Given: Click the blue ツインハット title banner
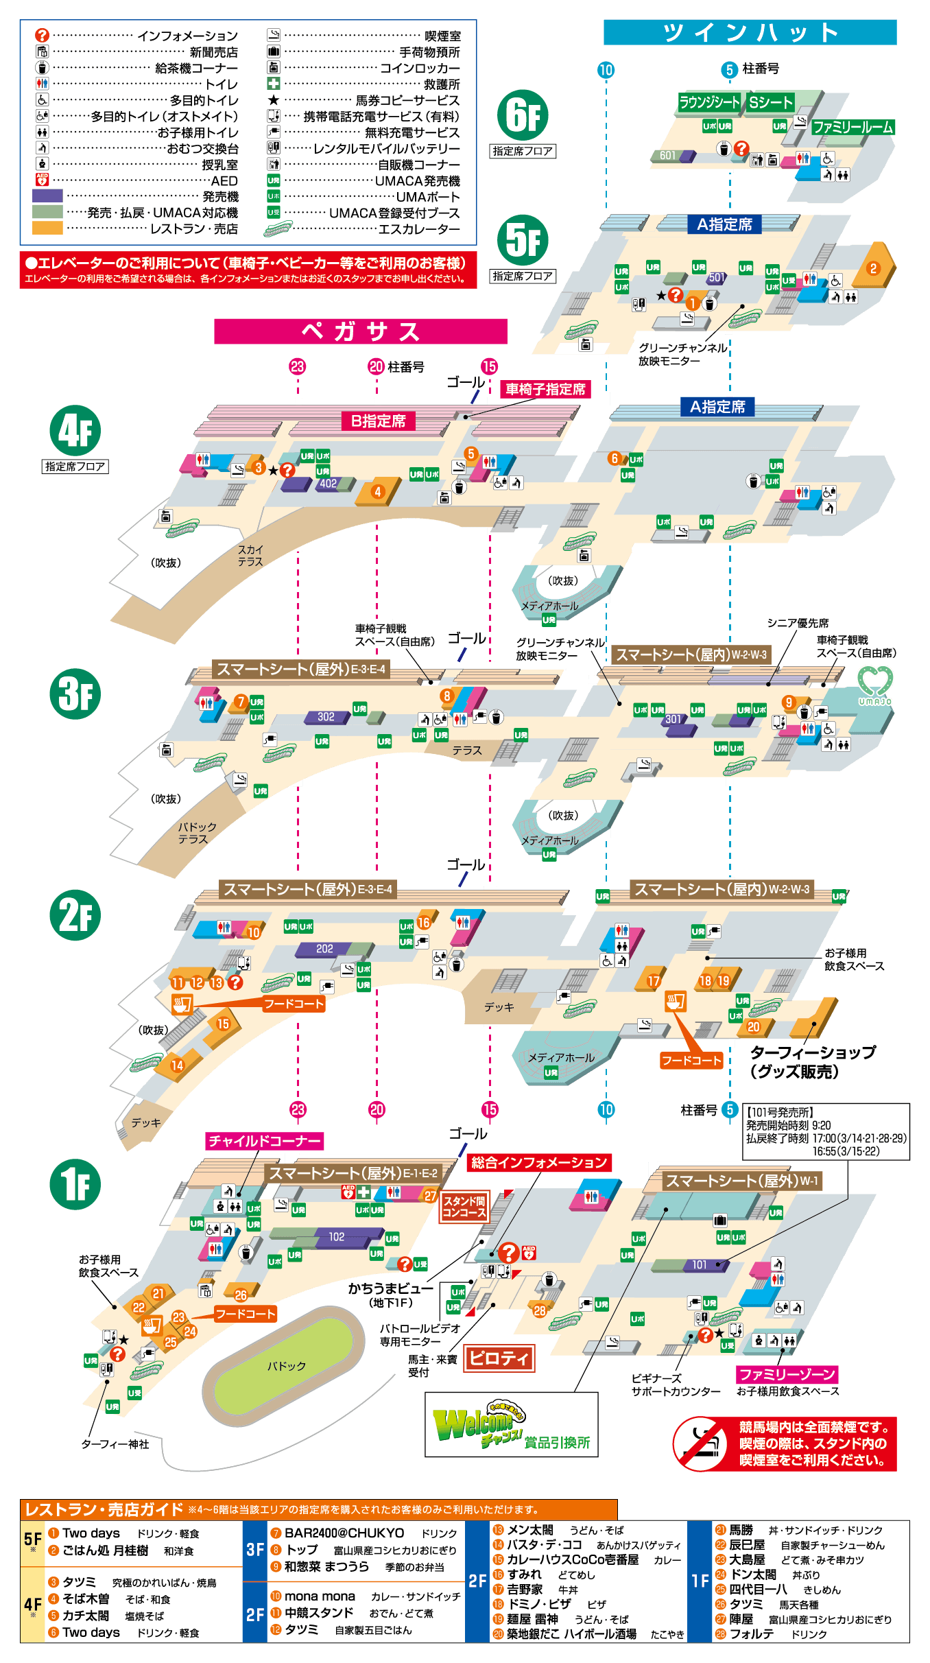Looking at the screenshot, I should click(x=750, y=32).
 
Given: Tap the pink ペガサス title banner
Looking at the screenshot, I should click(x=360, y=331).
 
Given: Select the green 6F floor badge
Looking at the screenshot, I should click(x=523, y=115).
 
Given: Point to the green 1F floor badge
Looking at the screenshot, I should click(x=75, y=1184).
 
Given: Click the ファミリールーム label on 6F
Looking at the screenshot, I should click(x=852, y=127).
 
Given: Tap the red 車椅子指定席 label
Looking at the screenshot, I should click(x=545, y=389).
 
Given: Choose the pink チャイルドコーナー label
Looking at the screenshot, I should click(x=264, y=1141).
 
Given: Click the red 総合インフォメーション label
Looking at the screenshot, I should click(x=539, y=1162).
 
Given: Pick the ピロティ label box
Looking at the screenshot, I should click(x=499, y=1358).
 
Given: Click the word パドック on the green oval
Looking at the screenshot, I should click(x=286, y=1365).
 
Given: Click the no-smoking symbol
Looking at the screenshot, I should click(x=701, y=1443).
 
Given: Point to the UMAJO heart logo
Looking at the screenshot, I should click(x=874, y=685).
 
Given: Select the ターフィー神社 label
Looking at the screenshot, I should click(x=115, y=1444).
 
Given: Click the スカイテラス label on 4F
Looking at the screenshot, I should click(x=250, y=555).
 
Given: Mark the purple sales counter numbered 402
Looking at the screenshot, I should click(x=329, y=484).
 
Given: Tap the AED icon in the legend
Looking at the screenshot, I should click(x=42, y=180).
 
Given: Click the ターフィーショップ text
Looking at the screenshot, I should click(x=813, y=1052).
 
